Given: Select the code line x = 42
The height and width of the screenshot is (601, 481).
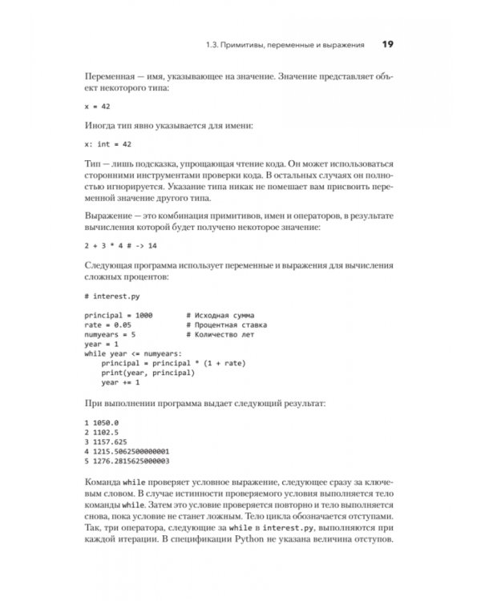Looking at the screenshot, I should pos(97,105).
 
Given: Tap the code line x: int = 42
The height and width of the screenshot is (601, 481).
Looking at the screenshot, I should pos(107,143).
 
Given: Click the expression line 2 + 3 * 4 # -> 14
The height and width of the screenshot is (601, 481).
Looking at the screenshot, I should pos(120,245).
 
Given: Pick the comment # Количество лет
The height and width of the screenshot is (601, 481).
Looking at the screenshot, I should pos(220,335).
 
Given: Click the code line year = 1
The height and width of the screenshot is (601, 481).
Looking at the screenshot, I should pos(101,345).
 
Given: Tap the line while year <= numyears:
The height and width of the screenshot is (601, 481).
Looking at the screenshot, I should pos(133,353).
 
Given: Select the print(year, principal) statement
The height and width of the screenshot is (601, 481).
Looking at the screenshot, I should pos(148,373).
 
